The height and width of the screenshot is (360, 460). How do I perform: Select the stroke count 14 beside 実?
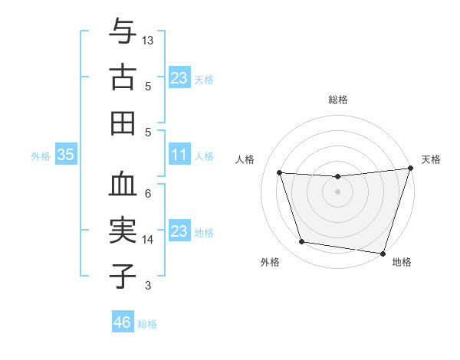click(x=148, y=240)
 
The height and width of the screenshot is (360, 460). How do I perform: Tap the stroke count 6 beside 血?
click(x=148, y=193)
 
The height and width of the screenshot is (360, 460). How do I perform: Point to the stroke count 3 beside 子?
click(x=148, y=286)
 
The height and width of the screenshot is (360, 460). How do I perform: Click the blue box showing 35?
click(x=66, y=155)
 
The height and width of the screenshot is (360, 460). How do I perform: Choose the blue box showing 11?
click(x=179, y=155)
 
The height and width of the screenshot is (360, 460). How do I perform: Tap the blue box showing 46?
click(x=123, y=322)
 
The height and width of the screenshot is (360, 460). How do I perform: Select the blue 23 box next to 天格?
click(x=179, y=77)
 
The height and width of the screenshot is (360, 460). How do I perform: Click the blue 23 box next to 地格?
click(x=179, y=231)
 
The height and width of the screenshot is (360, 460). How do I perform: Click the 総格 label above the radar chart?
click(x=338, y=100)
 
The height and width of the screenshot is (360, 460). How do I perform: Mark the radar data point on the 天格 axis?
click(x=410, y=169)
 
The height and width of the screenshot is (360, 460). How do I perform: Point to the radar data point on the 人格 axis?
click(x=280, y=173)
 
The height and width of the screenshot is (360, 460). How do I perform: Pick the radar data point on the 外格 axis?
click(x=302, y=242)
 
